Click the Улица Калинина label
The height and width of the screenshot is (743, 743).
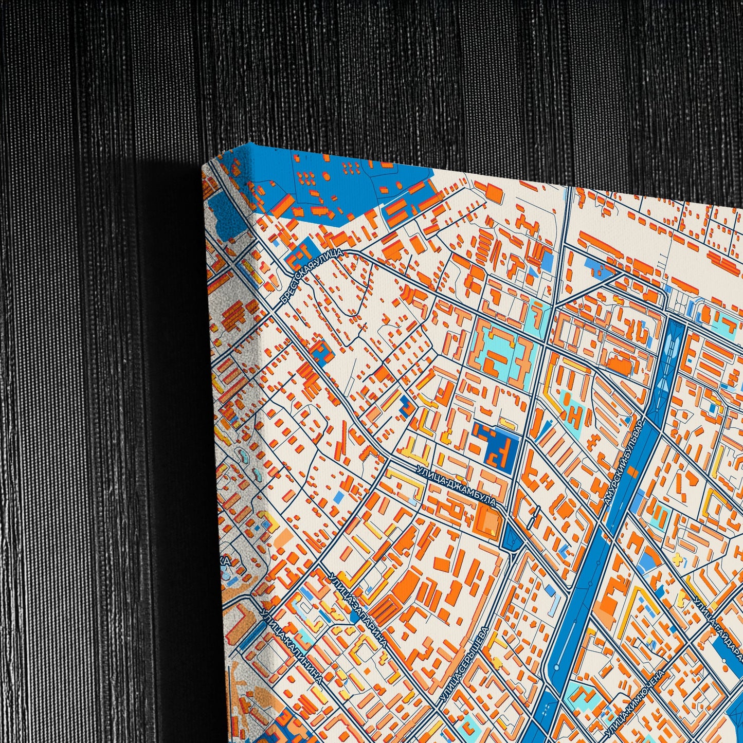pos(292,646)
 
